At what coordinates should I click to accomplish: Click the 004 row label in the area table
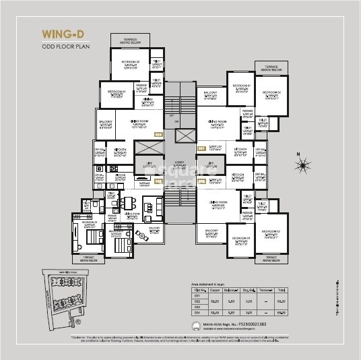(198, 313)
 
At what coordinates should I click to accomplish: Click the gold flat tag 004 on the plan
(159, 135)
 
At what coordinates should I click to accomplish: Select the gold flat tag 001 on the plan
(201, 148)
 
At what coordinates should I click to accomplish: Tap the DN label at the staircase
(176, 122)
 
